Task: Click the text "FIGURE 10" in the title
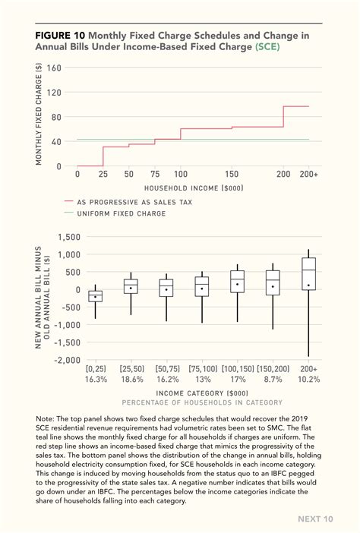pyautogui.click(x=60, y=35)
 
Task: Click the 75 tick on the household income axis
pyautogui.click(x=155, y=174)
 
